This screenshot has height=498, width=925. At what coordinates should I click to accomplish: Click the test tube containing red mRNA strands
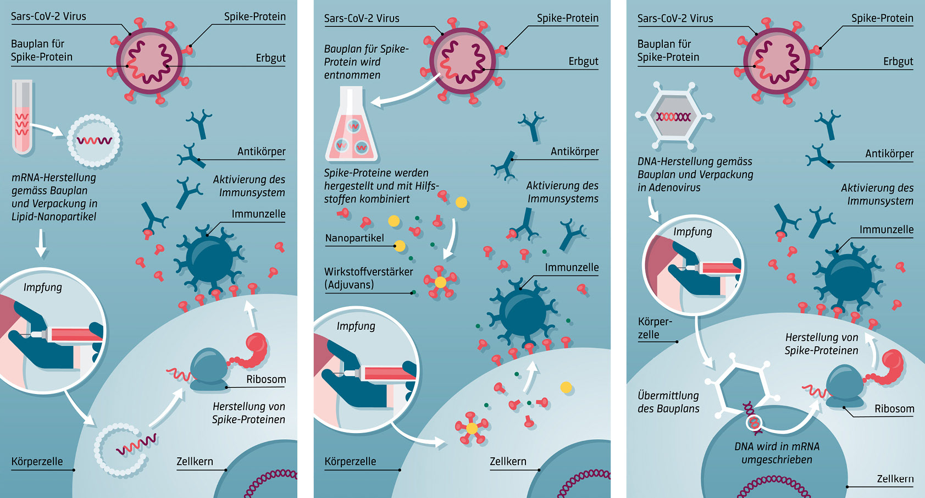tap(23, 117)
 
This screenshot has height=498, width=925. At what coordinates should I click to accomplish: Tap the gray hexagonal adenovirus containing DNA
tap(673, 117)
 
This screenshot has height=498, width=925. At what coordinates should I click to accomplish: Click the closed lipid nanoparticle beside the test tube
tap(93, 141)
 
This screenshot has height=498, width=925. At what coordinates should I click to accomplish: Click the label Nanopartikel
tap(355, 238)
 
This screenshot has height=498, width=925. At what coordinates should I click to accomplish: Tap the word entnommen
tap(352, 75)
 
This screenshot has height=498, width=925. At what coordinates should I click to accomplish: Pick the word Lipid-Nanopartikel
tap(54, 217)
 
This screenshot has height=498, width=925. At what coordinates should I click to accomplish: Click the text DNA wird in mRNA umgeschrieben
tap(777, 453)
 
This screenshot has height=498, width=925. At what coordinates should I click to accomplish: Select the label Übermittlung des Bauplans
tap(668, 402)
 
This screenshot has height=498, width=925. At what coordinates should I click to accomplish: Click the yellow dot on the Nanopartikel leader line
tap(400, 246)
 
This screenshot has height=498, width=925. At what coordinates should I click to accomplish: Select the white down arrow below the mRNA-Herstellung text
tap(41, 244)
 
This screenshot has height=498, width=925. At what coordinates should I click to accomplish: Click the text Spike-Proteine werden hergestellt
tap(376, 173)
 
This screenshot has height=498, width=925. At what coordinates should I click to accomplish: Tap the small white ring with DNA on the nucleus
tap(753, 422)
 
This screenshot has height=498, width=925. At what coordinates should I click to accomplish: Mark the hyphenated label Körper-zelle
tap(655, 328)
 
